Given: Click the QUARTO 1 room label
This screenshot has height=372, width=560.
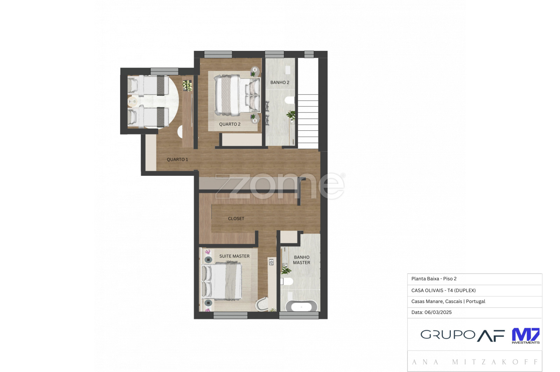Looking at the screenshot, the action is pyautogui.click(x=177, y=159).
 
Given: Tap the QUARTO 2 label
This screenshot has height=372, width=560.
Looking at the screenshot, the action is pyautogui.click(x=230, y=124).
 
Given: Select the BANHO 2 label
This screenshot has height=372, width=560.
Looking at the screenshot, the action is pyautogui.click(x=280, y=82).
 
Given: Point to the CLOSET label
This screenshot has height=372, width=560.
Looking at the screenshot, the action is pyautogui.click(x=236, y=218).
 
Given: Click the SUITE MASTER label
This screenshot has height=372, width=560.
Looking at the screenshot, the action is pyautogui.click(x=234, y=256).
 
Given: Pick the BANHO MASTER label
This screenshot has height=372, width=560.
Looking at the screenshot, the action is pyautogui.click(x=301, y=260).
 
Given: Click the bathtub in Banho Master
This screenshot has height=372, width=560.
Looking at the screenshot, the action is pyautogui.click(x=301, y=306).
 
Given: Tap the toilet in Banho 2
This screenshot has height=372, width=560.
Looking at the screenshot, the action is pyautogui.click(x=290, y=100).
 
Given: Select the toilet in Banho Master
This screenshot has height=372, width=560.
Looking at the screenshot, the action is pyautogui.click(x=287, y=281).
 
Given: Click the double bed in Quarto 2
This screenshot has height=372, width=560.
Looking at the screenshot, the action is pyautogui.click(x=237, y=95).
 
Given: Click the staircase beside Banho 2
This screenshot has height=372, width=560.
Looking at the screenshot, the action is pyautogui.click(x=308, y=121).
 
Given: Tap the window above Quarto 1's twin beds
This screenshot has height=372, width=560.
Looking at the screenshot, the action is pyautogui.click(x=164, y=71).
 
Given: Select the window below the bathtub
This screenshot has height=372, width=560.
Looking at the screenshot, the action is pyautogui.click(x=299, y=316).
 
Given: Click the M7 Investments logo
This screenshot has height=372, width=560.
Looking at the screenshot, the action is pyautogui.click(x=525, y=336).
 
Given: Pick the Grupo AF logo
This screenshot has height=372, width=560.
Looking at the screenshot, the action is pyautogui.click(x=462, y=335).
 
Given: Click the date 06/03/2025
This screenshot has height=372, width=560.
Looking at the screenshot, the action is pyautogui.click(x=438, y=312).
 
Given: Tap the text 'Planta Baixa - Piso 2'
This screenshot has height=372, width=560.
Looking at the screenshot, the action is pyautogui.click(x=434, y=278).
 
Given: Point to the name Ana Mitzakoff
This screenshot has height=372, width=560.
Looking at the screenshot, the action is pyautogui.click(x=475, y=362).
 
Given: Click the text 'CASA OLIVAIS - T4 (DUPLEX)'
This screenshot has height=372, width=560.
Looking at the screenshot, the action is pyautogui.click(x=443, y=290).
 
